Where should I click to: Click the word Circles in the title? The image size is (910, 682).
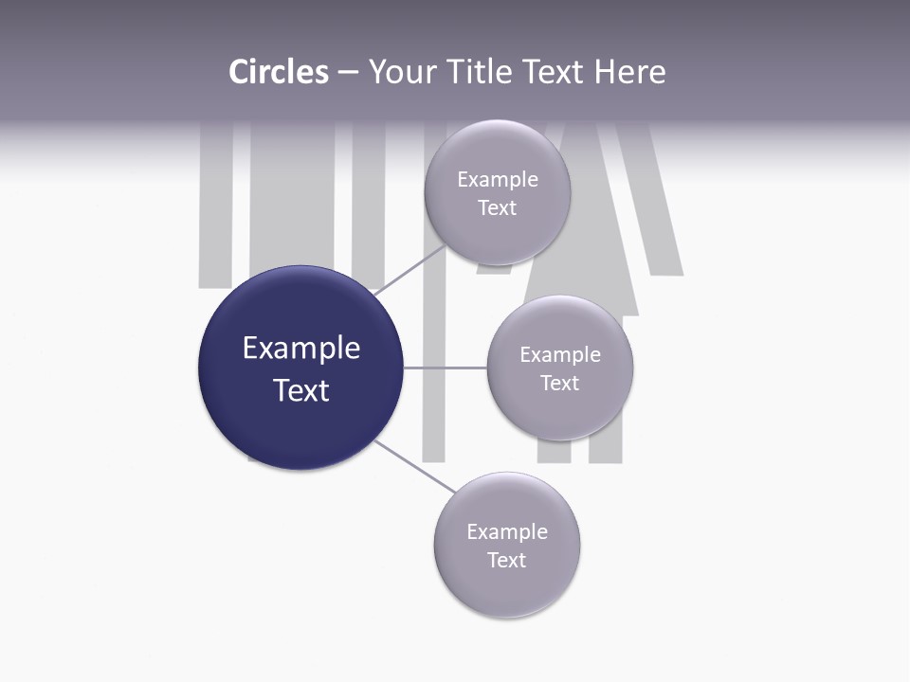(279, 72)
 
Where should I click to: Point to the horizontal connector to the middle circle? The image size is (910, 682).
(446, 368)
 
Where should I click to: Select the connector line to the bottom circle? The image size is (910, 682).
(413, 465)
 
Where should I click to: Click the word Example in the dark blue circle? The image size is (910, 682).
(301, 349)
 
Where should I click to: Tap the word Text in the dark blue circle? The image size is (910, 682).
(301, 390)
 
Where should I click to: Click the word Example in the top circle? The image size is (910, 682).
(498, 180)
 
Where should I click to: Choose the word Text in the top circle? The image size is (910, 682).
(498, 208)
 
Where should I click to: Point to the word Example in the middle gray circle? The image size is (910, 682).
(560, 355)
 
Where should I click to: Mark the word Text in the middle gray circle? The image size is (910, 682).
(560, 384)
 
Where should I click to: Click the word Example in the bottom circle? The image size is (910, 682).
(507, 532)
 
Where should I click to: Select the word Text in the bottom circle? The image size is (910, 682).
(507, 561)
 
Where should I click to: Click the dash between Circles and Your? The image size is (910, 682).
(348, 73)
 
